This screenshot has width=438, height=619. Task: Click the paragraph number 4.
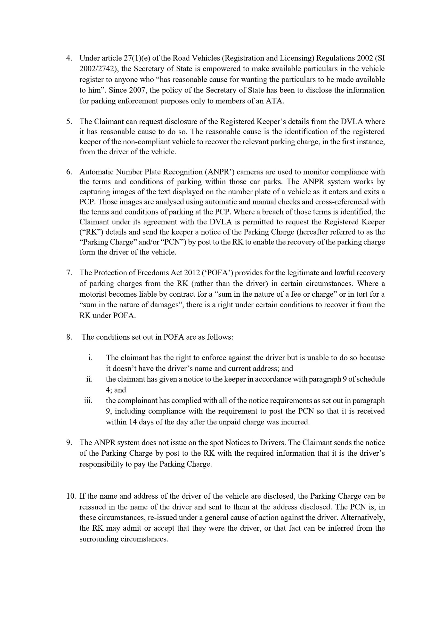tap(69, 58)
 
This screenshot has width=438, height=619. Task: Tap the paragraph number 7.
tap(69, 273)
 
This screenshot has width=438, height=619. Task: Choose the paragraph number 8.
tap(69, 337)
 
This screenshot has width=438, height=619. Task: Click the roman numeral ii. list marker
tap(89, 379)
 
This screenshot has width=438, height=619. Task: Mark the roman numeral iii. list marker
tap(88, 401)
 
